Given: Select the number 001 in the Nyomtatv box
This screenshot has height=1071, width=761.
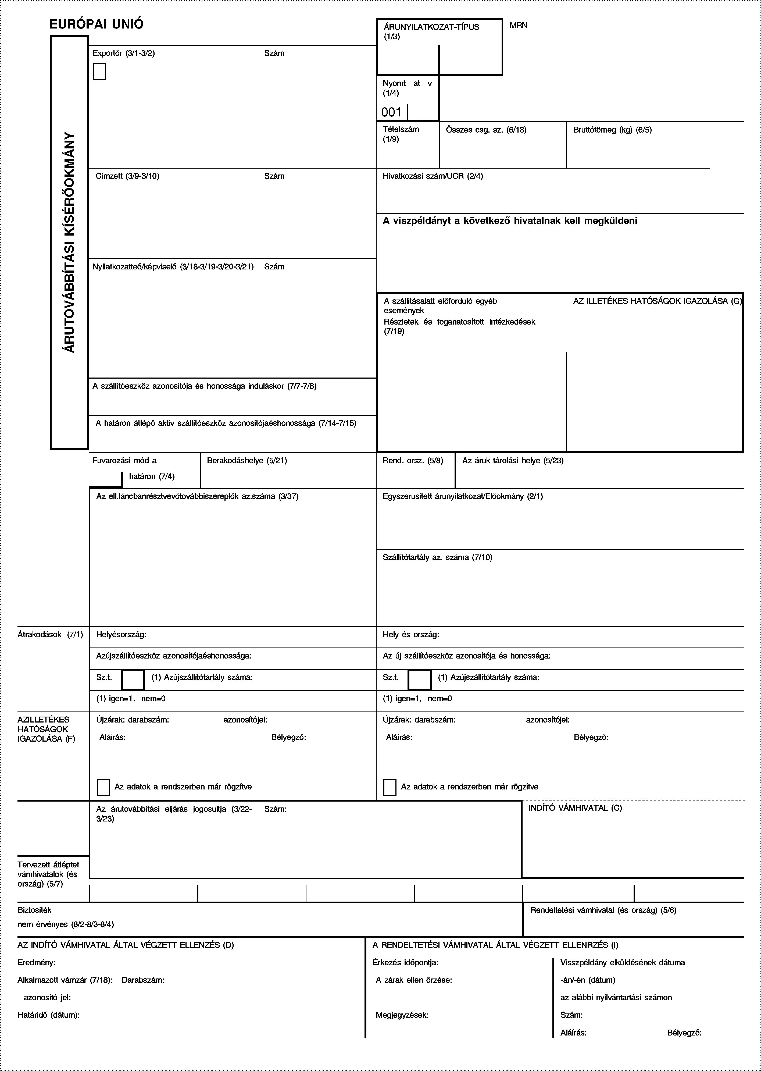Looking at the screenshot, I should [x=391, y=112].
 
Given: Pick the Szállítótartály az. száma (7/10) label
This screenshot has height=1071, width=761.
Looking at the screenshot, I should [x=437, y=557].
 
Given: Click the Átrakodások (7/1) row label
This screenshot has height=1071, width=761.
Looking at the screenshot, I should [x=50, y=635].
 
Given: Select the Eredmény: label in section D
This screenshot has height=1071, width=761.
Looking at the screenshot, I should [x=37, y=963].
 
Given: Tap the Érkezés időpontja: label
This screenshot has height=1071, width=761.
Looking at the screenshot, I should [x=405, y=963].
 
